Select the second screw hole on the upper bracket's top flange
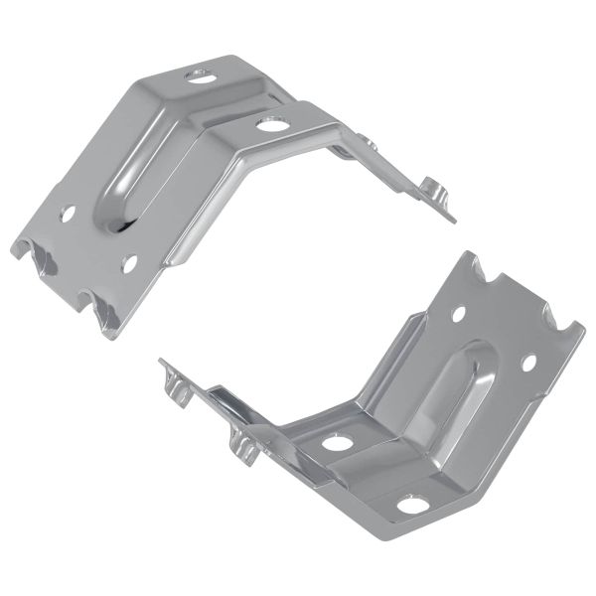pyautogui.click(x=268, y=124)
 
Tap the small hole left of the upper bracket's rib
pyautogui.click(x=68, y=213)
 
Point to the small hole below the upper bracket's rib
pyautogui.click(x=128, y=263)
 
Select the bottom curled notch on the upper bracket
pyautogui.click(x=102, y=316)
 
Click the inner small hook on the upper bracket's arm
pyautogui.click(x=370, y=145)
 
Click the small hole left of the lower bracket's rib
pyautogui.click(x=459, y=314)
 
